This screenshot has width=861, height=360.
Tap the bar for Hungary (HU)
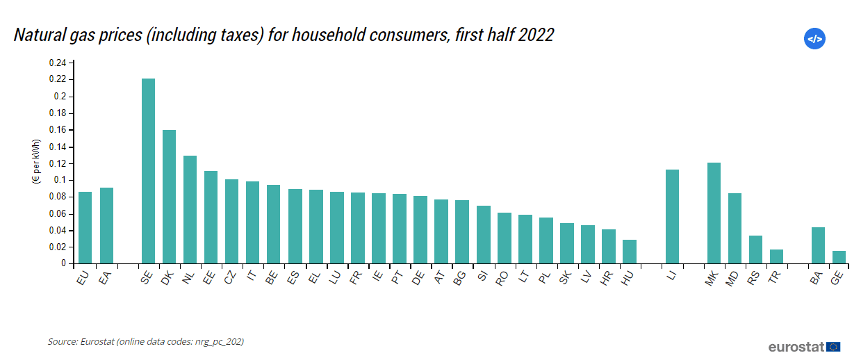pyautogui.click(x=629, y=252)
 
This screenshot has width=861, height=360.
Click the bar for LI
pyautogui.click(x=672, y=216)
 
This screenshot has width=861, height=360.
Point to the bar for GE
pyautogui.click(x=839, y=257)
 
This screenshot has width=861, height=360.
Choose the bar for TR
pyautogui.click(x=776, y=256)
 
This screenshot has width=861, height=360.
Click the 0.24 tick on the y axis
pyautogui.click(x=58, y=63)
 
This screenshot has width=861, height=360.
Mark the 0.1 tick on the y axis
pyautogui.click(x=60, y=180)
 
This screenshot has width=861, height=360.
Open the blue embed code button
pyautogui.click(x=814, y=39)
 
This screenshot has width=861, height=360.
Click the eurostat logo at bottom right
pyautogui.click(x=804, y=346)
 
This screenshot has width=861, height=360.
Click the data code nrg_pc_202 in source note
pyautogui.click(x=219, y=341)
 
